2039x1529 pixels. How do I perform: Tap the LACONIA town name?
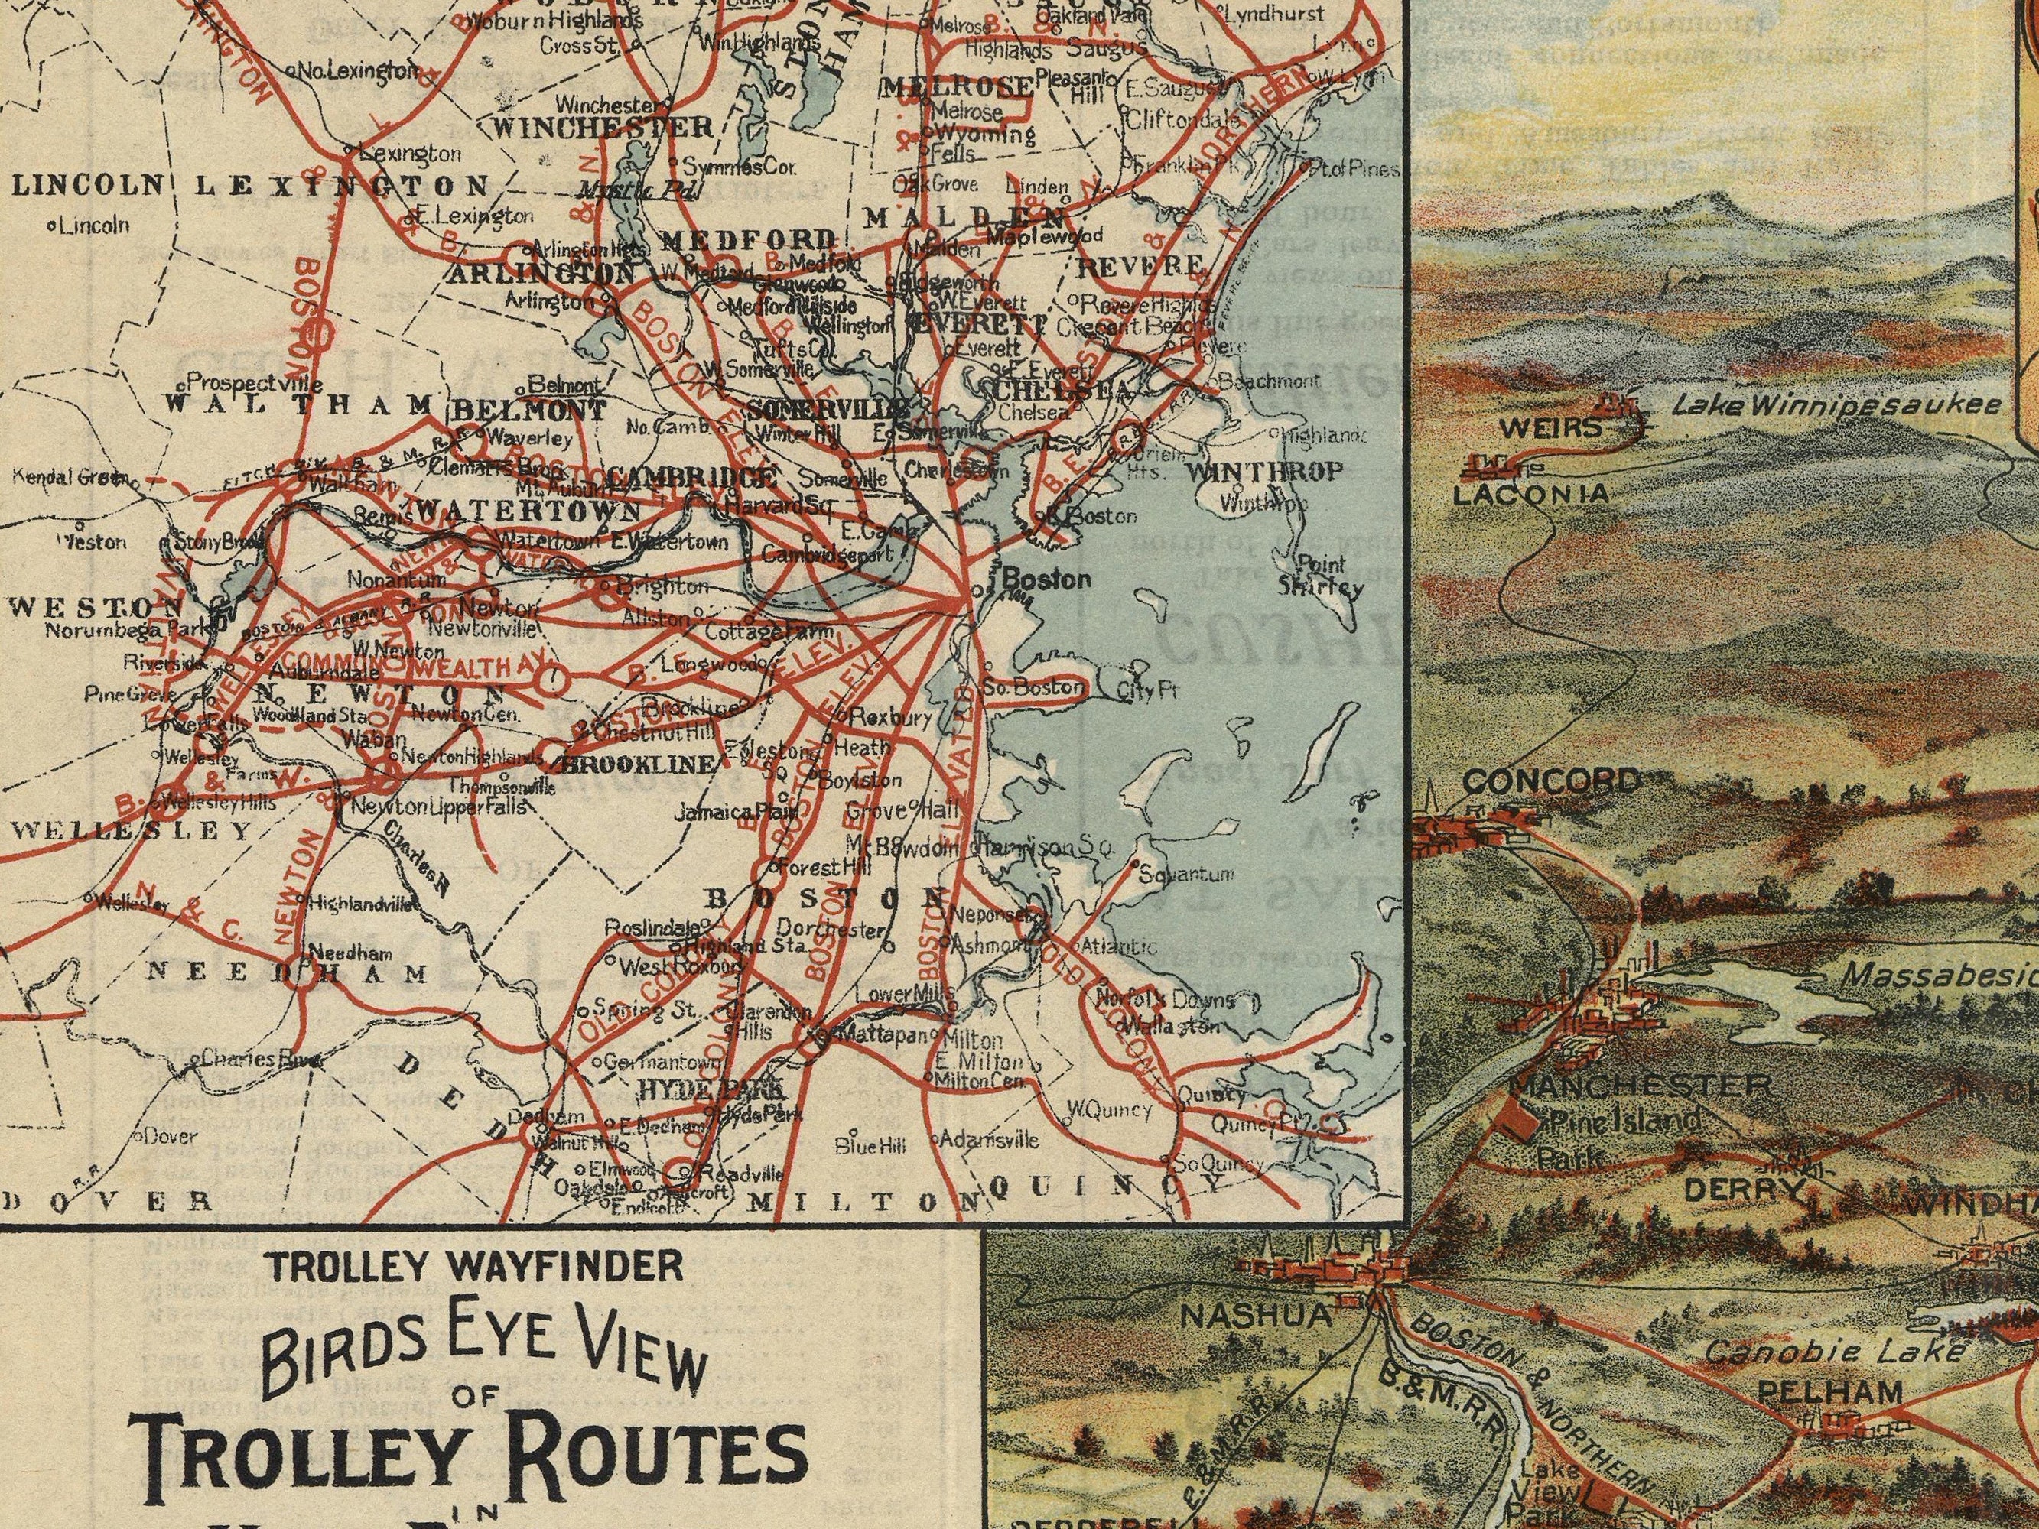point(1530,495)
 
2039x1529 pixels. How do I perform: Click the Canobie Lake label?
point(1834,1352)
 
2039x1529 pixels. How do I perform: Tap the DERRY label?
point(1742,1190)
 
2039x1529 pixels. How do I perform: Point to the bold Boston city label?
point(1046,579)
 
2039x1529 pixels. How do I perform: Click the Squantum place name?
point(1186,875)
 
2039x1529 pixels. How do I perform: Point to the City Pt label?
point(1146,691)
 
